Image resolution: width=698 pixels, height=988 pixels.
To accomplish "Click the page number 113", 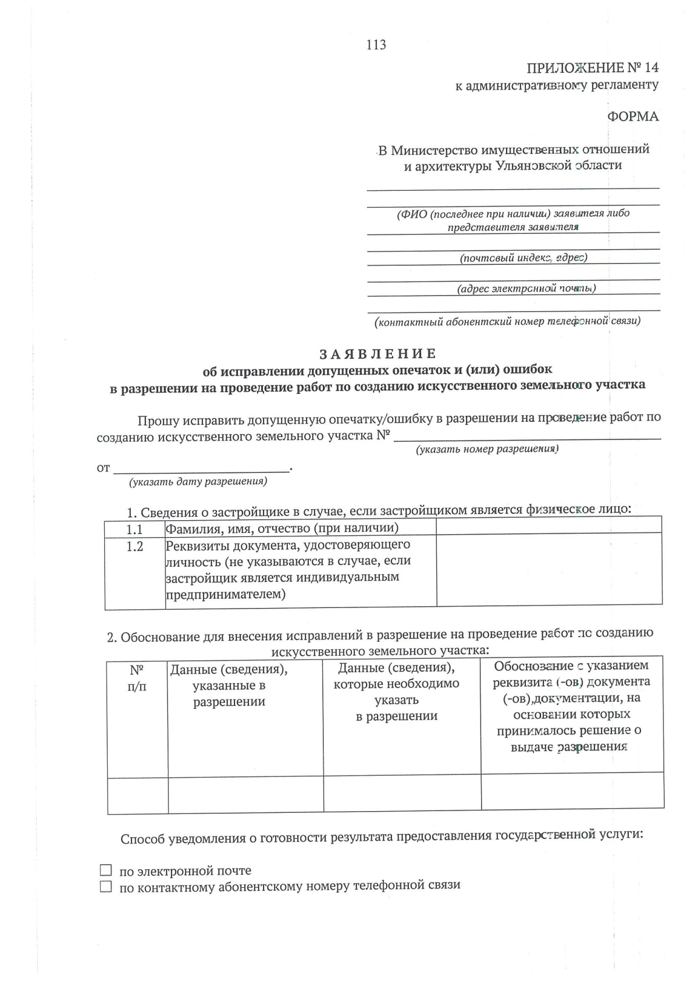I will [376, 45].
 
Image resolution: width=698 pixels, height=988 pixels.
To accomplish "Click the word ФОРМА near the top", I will [633, 116].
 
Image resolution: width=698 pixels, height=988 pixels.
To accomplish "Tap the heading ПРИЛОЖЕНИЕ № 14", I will [592, 67].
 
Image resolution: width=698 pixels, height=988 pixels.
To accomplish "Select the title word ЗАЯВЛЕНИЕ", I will [378, 353].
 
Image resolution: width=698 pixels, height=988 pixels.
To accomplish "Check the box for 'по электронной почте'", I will [105, 870].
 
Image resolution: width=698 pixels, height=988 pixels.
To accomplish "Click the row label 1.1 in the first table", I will [134, 529].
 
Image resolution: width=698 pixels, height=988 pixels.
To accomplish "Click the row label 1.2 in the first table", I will [134, 547].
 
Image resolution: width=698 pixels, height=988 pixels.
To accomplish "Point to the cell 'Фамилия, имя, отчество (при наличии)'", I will [282, 528].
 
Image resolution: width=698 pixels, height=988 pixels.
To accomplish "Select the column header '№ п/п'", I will [137, 678].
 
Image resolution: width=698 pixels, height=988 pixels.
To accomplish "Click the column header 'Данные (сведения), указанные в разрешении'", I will [229, 685].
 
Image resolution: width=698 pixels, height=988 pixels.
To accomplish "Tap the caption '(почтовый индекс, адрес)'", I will [523, 257].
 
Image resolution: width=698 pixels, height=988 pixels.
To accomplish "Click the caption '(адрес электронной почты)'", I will [526, 288].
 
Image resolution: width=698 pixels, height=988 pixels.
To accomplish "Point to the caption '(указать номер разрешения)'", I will [487, 449].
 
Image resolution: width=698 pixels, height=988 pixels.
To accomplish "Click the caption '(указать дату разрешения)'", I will [198, 481].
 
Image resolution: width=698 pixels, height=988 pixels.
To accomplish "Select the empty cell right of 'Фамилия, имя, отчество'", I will [549, 526].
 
